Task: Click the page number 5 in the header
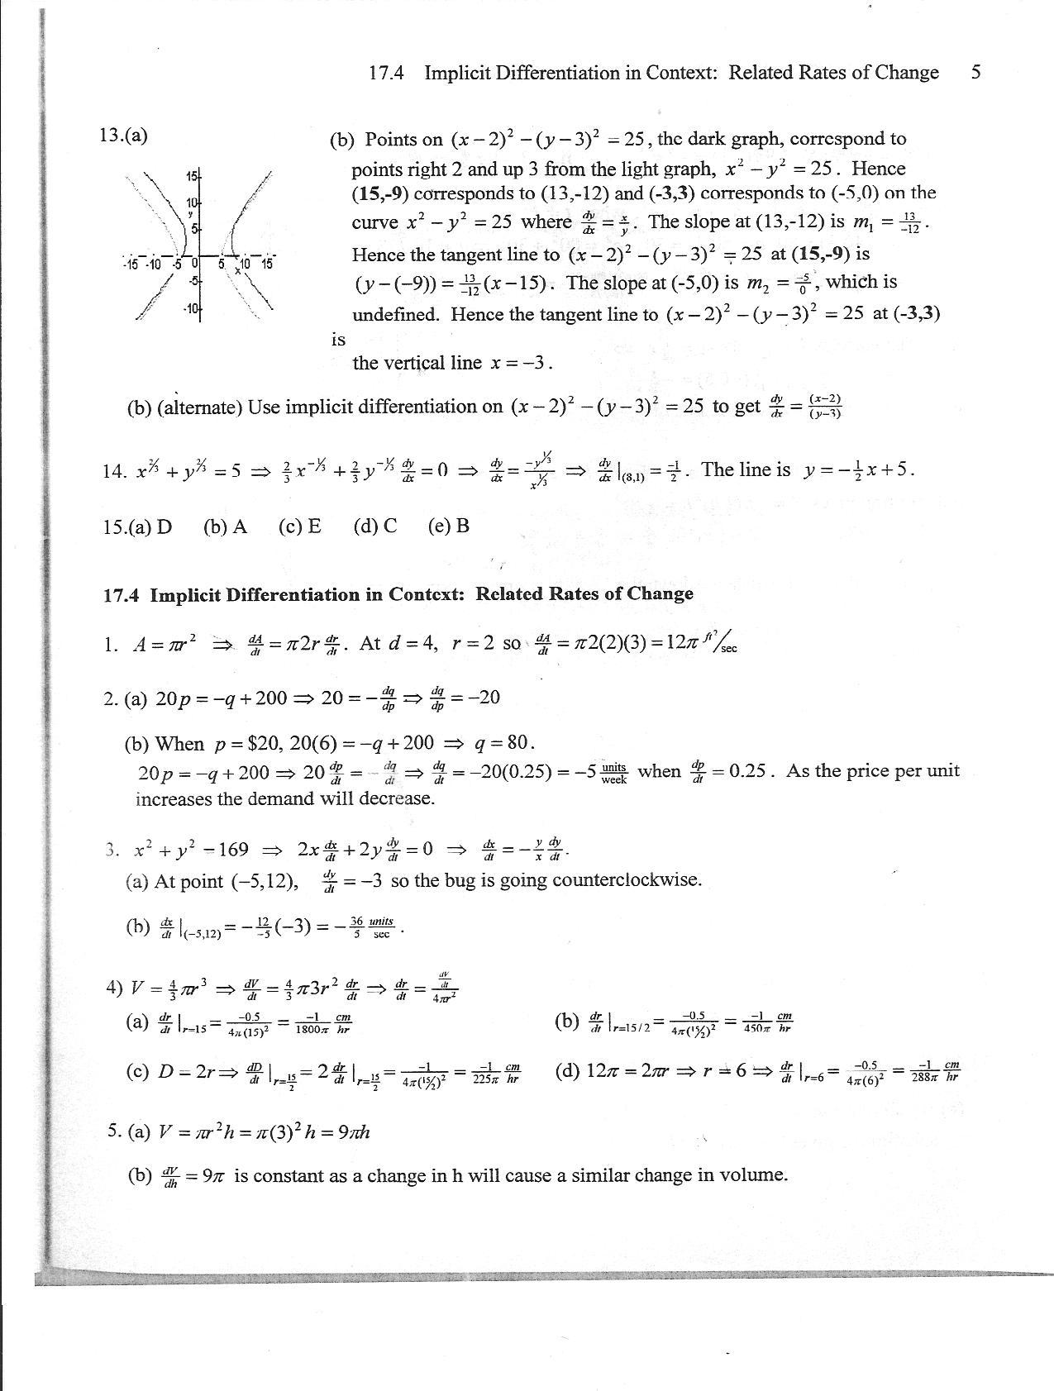(976, 73)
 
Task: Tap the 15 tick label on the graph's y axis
(192, 176)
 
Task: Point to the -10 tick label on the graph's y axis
(190, 309)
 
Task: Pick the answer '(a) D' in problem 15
(137, 526)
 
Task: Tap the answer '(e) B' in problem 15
(449, 526)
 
